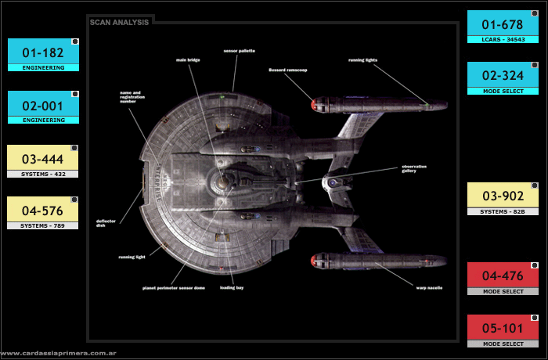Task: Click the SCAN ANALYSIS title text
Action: point(119,23)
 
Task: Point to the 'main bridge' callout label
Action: point(189,59)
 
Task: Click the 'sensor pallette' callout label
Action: point(240,51)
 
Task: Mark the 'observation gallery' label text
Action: point(414,168)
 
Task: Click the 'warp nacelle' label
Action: point(429,287)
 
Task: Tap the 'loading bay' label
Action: point(232,287)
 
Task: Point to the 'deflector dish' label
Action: point(106,223)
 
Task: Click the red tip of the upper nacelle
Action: point(315,103)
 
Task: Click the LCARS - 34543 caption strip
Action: point(503,38)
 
